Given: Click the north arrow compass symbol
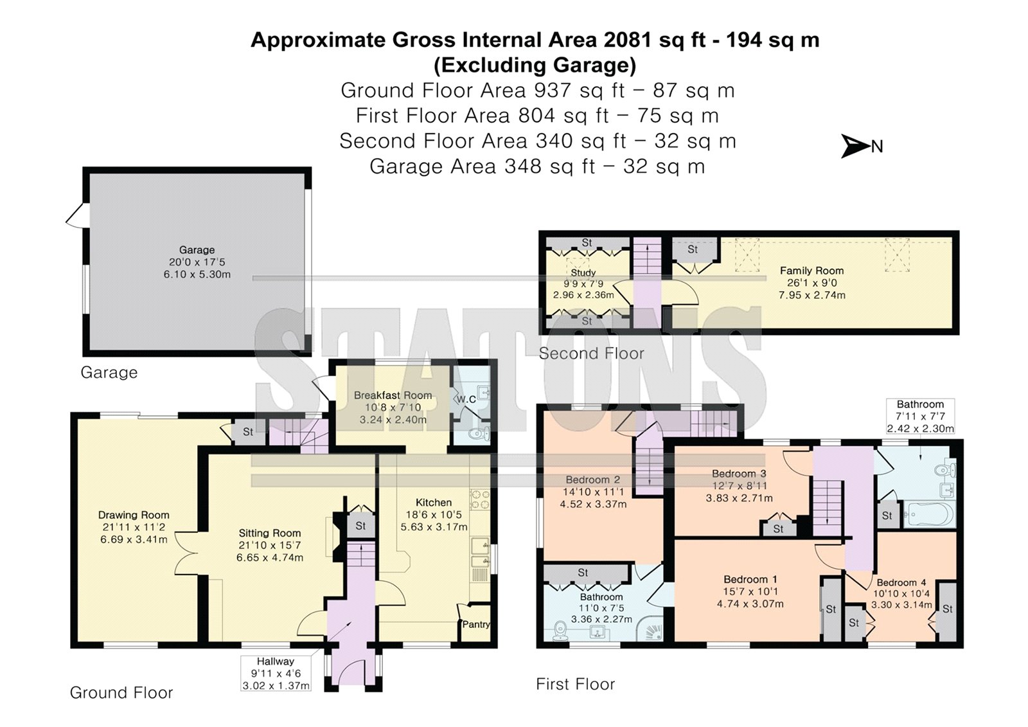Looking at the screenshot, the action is tap(855, 146).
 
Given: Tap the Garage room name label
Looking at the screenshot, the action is tap(197, 250).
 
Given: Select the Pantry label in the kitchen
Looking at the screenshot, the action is tap(476, 624).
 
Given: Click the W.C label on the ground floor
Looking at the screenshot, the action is tap(466, 399).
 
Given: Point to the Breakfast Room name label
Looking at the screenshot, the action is tap(393, 395).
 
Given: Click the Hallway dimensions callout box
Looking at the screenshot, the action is tap(276, 673).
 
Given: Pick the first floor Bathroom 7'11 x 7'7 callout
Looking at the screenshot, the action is tap(920, 416).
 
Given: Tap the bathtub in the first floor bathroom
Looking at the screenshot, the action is tap(929, 514).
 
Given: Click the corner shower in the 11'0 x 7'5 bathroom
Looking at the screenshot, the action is tap(651, 629).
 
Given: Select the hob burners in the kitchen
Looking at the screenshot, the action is tap(479, 499).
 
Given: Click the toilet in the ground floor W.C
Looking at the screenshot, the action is tap(479, 433).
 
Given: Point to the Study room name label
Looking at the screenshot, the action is tap(583, 273).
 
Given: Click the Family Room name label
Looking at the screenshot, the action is tap(812, 271).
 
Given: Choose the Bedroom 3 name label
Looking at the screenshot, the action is tap(739, 474).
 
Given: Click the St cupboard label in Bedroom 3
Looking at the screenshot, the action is tap(778, 529).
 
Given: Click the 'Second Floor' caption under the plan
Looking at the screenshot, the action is tap(591, 353).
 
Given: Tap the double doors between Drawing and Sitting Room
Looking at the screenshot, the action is tap(187, 553).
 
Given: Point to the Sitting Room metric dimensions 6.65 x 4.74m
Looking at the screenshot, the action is tap(270, 557).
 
